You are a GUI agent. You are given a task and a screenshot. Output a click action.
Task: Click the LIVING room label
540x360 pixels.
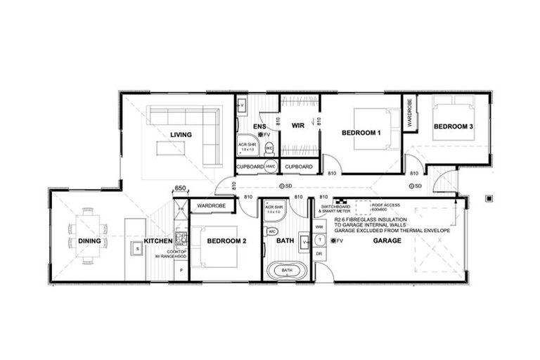point(181,134)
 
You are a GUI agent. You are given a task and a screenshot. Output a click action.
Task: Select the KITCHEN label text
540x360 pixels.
point(158,241)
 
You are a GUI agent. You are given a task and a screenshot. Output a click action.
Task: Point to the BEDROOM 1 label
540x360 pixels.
point(361,133)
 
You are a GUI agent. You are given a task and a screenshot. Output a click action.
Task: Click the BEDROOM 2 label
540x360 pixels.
point(226,241)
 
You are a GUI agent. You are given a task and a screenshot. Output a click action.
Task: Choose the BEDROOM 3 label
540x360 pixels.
point(452,127)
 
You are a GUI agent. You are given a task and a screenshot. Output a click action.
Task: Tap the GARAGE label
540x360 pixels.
point(387,240)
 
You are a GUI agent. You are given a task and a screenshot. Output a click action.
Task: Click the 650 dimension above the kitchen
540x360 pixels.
point(180,188)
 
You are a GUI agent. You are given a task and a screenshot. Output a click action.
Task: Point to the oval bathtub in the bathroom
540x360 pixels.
point(287,270)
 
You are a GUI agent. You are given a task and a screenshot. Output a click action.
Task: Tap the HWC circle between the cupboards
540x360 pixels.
point(271,167)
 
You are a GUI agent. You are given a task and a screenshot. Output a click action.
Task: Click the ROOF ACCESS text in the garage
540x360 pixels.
point(385,205)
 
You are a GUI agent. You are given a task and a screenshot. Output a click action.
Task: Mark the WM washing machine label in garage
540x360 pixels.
point(319,227)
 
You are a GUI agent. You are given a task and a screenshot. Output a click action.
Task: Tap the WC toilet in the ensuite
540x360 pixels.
point(269,148)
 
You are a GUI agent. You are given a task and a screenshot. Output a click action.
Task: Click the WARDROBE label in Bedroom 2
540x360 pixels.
point(210,206)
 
